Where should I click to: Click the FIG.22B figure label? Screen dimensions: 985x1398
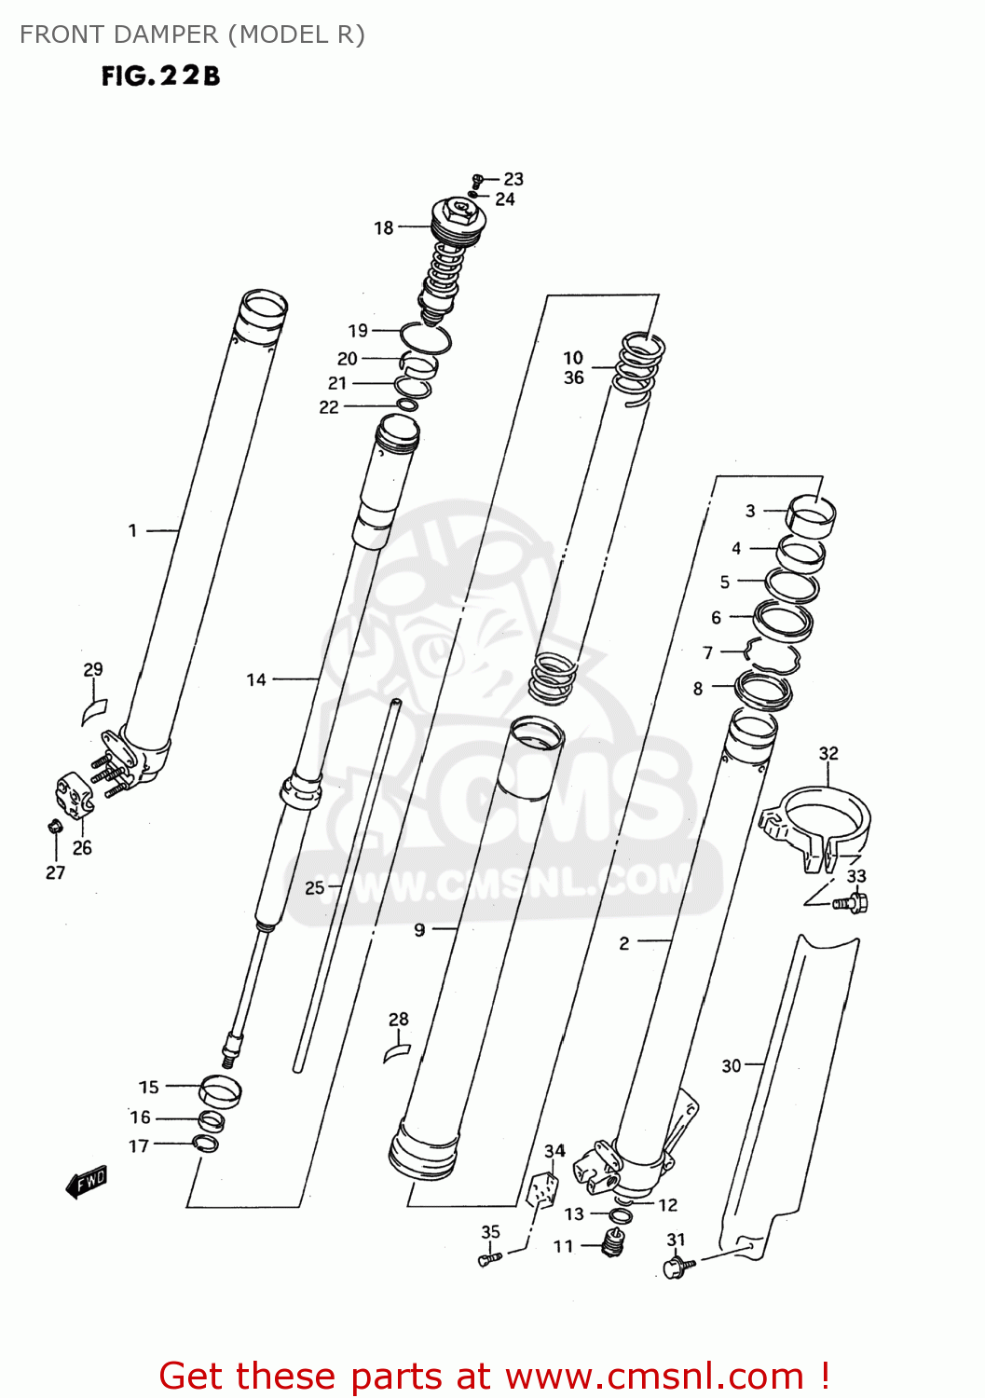tap(160, 76)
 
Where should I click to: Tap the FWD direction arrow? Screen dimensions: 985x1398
tap(87, 1182)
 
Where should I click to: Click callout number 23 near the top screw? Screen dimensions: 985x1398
tap(513, 179)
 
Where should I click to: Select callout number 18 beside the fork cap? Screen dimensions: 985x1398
tap(384, 227)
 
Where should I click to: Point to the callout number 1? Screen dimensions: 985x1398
tap(133, 530)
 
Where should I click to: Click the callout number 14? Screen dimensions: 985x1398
tap(256, 679)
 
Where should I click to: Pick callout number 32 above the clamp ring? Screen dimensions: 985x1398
tap(828, 753)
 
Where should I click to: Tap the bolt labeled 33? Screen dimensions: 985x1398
tap(851, 902)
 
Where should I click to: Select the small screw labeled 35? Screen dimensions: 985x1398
tap(489, 1259)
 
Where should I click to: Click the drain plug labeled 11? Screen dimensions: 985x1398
tap(612, 1241)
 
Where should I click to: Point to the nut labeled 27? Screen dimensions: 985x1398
tap(54, 826)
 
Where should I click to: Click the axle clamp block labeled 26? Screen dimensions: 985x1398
tap(74, 795)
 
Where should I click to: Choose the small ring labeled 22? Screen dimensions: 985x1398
tap(407, 404)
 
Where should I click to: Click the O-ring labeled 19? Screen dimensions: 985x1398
tap(426, 337)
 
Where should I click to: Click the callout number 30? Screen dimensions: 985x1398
tap(732, 1065)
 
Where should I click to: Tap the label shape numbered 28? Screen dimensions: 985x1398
tap(397, 1052)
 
